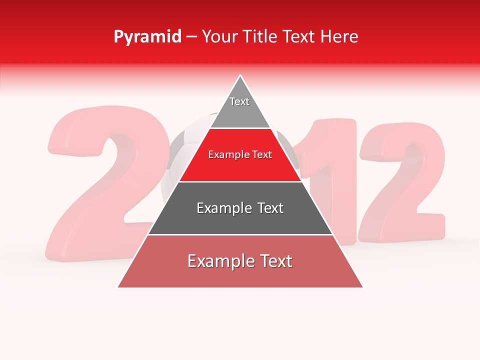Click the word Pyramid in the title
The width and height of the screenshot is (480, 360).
click(x=147, y=37)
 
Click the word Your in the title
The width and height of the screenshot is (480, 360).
click(x=218, y=36)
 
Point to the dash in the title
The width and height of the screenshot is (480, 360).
click(x=191, y=37)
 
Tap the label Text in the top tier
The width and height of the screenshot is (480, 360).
click(x=239, y=101)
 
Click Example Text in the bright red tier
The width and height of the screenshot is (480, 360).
click(x=240, y=155)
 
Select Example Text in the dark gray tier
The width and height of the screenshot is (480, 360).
click(x=240, y=208)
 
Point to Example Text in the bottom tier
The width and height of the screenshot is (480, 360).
click(x=240, y=261)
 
